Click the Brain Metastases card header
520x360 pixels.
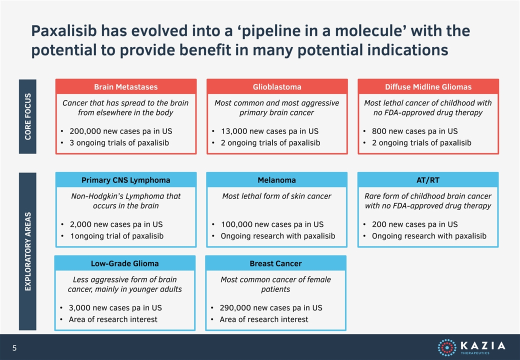click(x=125, y=87)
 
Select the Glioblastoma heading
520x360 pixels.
click(x=277, y=87)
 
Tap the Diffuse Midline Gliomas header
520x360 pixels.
click(x=428, y=87)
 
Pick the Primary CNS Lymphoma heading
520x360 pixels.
click(x=125, y=180)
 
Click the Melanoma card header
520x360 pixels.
click(x=276, y=180)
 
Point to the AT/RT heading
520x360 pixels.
click(x=428, y=180)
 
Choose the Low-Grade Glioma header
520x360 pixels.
click(x=124, y=263)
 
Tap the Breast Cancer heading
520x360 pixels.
click(x=275, y=263)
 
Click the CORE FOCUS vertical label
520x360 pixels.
click(x=28, y=116)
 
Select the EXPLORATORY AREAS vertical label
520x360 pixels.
click(x=28, y=251)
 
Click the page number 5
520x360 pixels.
click(x=14, y=347)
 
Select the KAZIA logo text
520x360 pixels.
click(x=483, y=345)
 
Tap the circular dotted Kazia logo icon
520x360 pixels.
click(x=447, y=347)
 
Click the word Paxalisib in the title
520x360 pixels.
click(x=64, y=31)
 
